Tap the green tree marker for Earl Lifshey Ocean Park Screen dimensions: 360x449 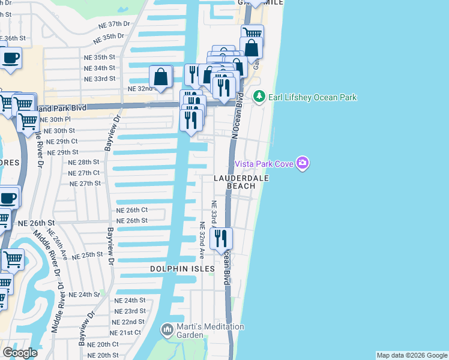(x=259, y=97)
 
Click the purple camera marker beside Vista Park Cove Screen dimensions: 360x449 (x=303, y=163)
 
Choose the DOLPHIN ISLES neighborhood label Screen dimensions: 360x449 (x=182, y=269)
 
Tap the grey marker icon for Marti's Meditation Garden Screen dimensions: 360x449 (x=167, y=329)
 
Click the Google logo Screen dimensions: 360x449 (x=20, y=353)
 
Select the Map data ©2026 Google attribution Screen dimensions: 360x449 (x=412, y=355)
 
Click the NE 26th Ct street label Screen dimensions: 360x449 (x=131, y=210)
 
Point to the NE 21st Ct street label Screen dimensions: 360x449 (x=125, y=332)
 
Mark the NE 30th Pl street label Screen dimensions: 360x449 (x=62, y=119)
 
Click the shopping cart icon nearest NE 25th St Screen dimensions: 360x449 (x=13, y=259)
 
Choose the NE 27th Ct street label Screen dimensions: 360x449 (x=84, y=173)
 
